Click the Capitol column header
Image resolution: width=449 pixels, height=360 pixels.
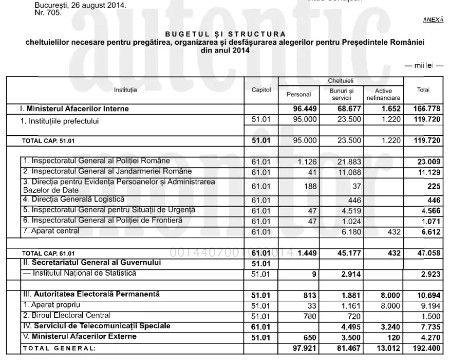pyautogui.click(x=261, y=90)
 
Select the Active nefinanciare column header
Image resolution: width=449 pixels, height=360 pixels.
pyautogui.click(x=384, y=94)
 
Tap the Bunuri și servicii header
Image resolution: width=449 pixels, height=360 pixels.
pyautogui.click(x=341, y=94)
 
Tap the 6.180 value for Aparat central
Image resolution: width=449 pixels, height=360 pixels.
pyautogui.click(x=350, y=232)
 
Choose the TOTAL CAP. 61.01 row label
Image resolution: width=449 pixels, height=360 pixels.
pyautogui.click(x=48, y=254)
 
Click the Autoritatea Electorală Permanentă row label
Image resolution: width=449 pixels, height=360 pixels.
pyautogui.click(x=89, y=294)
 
